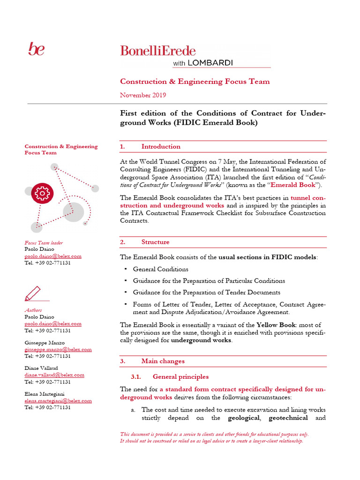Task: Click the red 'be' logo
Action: [x=36, y=49]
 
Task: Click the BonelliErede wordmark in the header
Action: [x=158, y=50]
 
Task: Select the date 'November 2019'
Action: [x=143, y=95]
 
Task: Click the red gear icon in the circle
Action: [x=42, y=192]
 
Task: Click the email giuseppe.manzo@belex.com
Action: [x=58, y=349]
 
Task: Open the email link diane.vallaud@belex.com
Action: [x=54, y=375]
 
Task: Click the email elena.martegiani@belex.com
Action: [x=58, y=401]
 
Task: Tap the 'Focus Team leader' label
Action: [x=44, y=243]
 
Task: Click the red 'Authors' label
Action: [x=33, y=310]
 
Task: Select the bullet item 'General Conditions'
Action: [x=160, y=270]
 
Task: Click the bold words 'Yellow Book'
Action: [x=275, y=325]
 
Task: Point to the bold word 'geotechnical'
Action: [x=284, y=418]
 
